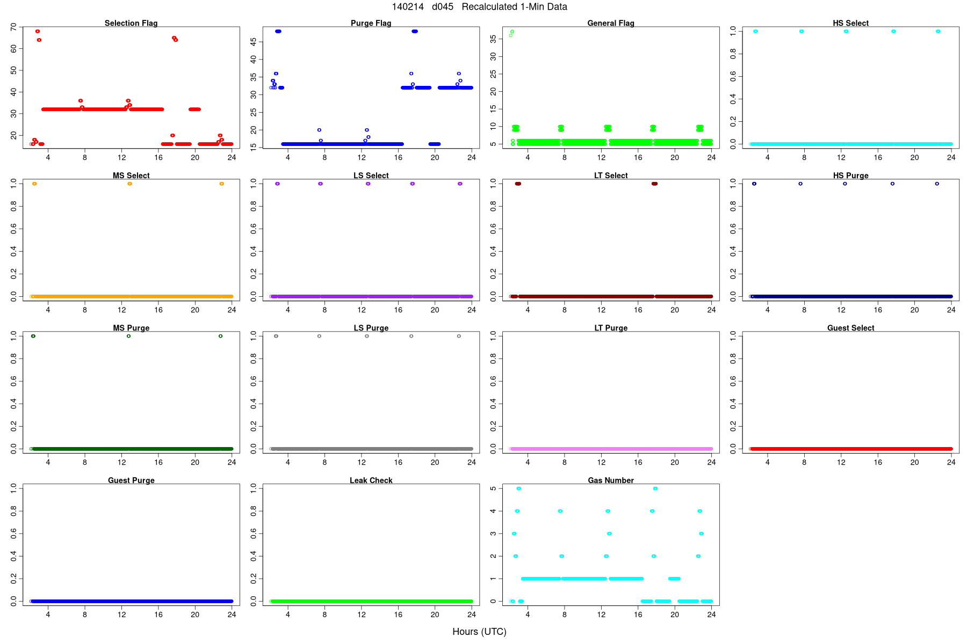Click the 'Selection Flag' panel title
click(131, 23)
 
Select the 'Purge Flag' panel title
click(371, 23)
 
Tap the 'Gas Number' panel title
click(611, 480)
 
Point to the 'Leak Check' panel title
click(371, 480)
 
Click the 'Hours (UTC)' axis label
click(479, 632)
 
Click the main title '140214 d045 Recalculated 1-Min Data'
click(479, 7)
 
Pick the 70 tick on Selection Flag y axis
click(13, 27)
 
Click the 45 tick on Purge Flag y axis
click(253, 41)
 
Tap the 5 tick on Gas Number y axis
click(493, 488)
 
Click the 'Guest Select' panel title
click(850, 328)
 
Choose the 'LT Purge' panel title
click(611, 328)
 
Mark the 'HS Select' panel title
click(850, 23)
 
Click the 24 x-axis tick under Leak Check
click(471, 614)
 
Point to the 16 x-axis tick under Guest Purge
click(158, 614)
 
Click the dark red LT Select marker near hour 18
click(654, 184)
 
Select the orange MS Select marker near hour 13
click(129, 184)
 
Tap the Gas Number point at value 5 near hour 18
click(655, 488)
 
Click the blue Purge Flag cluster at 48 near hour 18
click(414, 31)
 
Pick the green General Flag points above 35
click(511, 33)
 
